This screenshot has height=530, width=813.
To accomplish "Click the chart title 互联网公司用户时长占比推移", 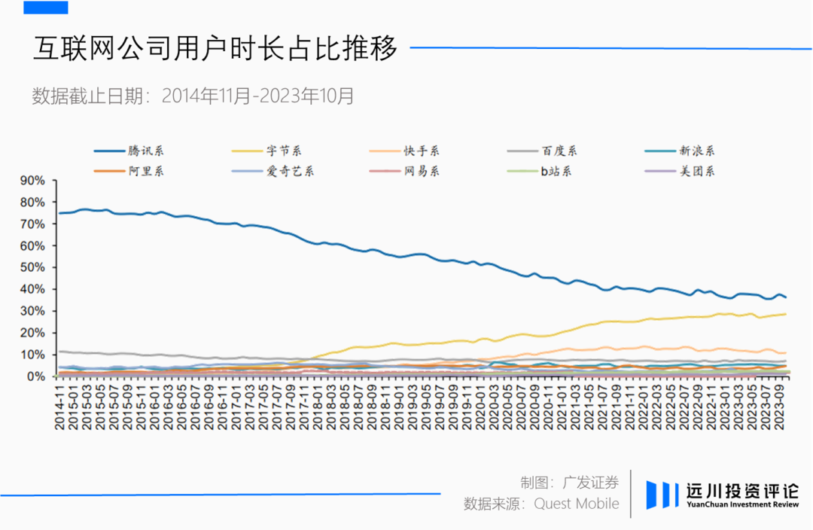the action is pyautogui.click(x=215, y=48).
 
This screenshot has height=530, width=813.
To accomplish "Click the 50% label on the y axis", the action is pyautogui.click(x=32, y=267).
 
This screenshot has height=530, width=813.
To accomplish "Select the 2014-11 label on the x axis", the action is pyautogui.click(x=59, y=407).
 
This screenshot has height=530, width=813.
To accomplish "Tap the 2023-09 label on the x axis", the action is pyautogui.click(x=780, y=407).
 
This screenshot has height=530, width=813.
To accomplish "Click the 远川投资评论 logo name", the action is pyautogui.click(x=742, y=491).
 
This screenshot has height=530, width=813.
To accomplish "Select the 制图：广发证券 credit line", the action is pyautogui.click(x=569, y=483).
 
